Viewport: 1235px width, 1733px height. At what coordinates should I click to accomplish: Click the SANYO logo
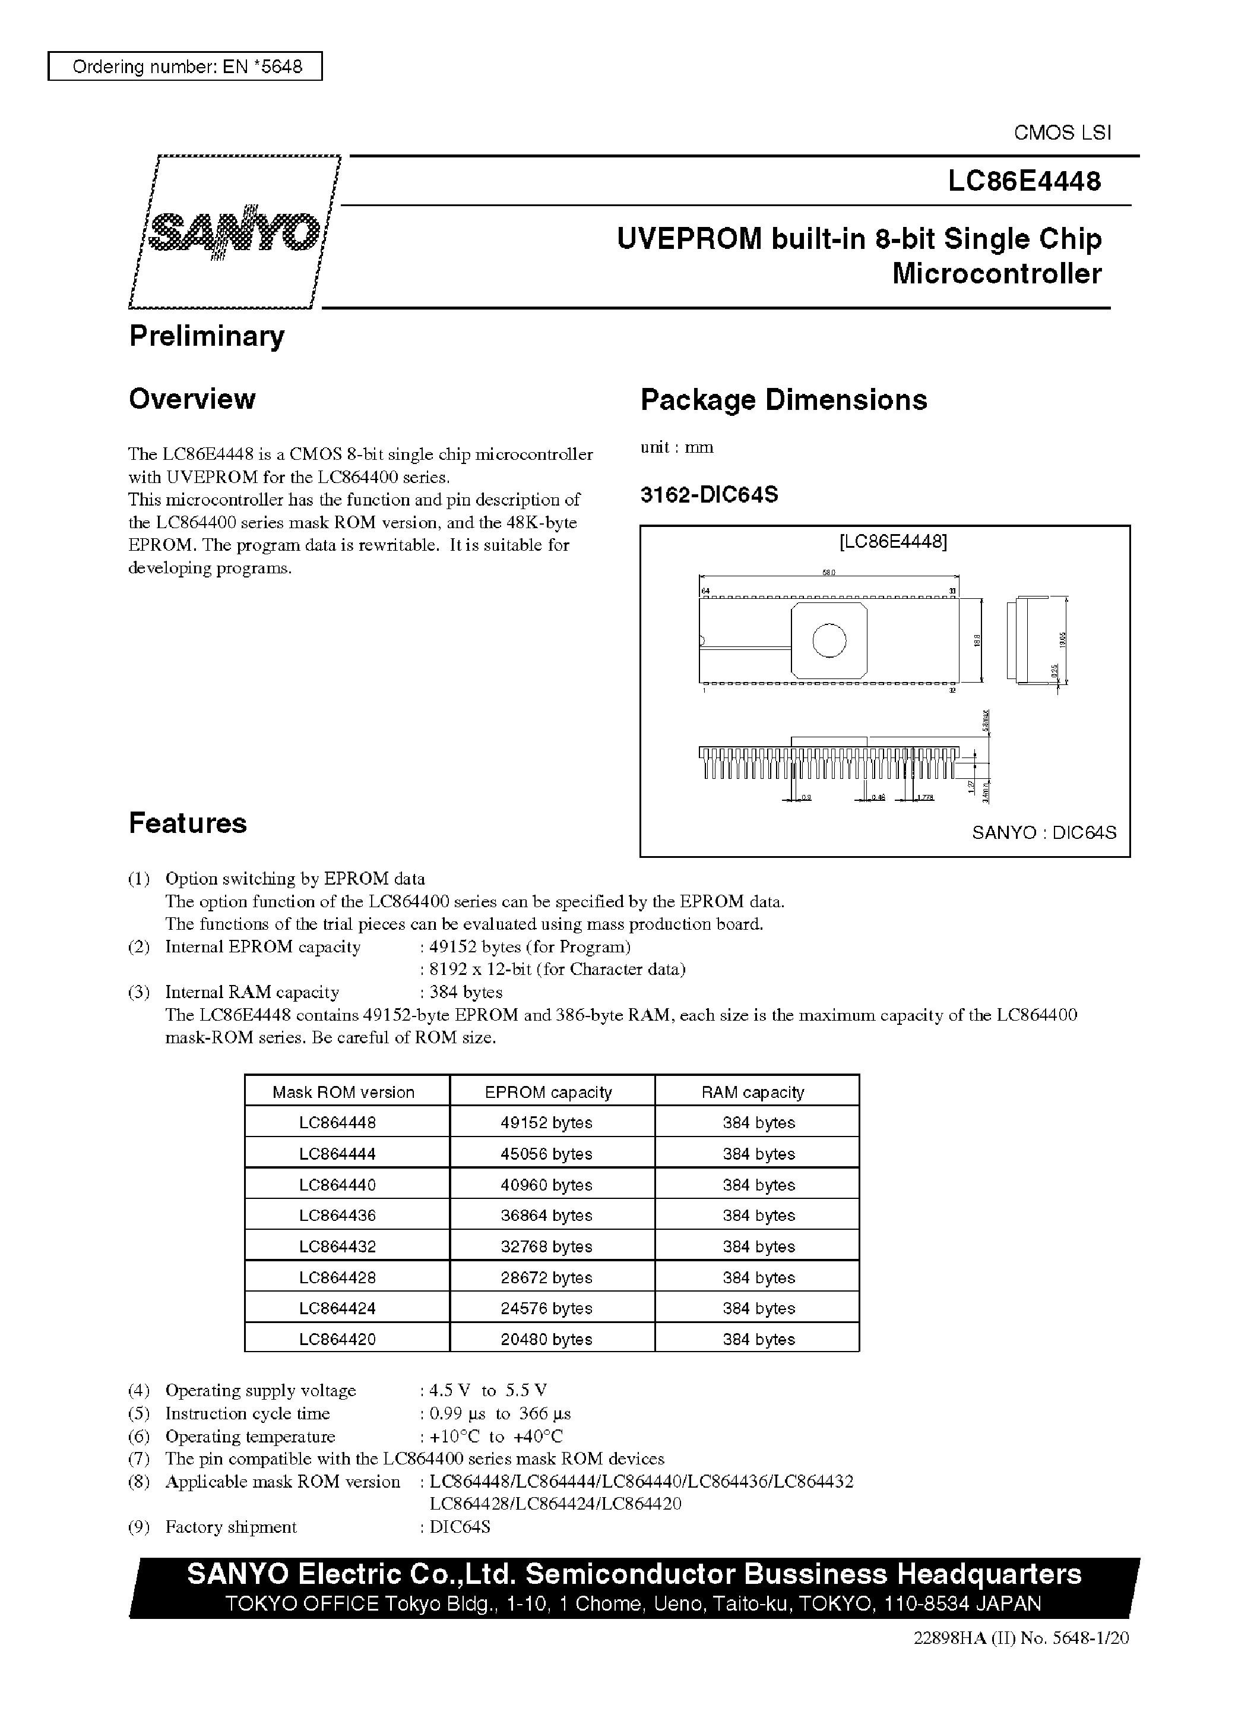pos(234,232)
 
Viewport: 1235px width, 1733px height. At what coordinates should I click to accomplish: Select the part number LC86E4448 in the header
pos(1024,181)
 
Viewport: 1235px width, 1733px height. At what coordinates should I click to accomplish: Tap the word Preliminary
pos(207,336)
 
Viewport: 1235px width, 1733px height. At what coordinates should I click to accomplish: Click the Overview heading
pos(192,399)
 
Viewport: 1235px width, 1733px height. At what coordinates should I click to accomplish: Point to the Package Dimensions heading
pos(783,399)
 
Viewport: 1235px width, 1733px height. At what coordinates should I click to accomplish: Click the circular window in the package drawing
pos(828,640)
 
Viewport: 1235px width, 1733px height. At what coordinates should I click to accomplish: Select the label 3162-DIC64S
pos(709,494)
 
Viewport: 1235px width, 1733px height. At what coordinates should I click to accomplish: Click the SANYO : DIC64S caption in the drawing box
pos(1043,832)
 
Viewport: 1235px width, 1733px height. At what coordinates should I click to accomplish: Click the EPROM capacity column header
pos(548,1092)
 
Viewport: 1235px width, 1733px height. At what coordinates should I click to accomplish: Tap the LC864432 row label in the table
pos(338,1246)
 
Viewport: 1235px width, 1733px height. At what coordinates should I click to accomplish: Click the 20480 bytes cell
pos(546,1339)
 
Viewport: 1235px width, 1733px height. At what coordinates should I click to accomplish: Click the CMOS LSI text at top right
pos(1062,132)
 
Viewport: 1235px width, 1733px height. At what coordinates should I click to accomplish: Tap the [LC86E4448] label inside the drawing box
pos(893,542)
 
